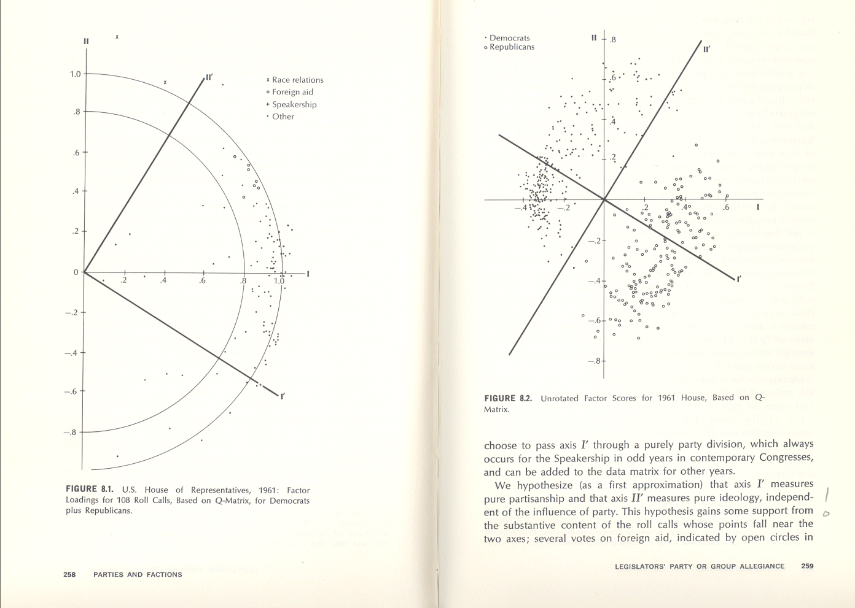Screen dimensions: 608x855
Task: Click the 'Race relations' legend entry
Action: click(297, 80)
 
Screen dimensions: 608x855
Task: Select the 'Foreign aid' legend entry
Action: click(292, 92)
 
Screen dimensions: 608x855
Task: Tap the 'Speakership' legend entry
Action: click(294, 104)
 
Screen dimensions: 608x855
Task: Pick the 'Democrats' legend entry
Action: click(509, 38)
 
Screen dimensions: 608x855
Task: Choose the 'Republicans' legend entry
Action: click(512, 47)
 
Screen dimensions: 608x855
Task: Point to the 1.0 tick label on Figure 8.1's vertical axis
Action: click(75, 74)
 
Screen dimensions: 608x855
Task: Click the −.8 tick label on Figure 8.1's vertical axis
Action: click(71, 432)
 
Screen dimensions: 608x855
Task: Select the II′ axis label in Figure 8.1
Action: click(209, 77)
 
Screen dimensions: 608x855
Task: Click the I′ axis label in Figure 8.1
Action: click(283, 396)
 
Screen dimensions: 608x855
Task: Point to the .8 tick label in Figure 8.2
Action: click(612, 40)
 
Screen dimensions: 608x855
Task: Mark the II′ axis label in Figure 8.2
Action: click(707, 50)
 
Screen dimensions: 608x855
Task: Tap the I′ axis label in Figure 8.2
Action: click(739, 280)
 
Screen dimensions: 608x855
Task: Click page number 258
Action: click(69, 575)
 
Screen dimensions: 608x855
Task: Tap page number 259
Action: click(807, 566)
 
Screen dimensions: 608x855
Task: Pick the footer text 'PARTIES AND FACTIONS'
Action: click(138, 575)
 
